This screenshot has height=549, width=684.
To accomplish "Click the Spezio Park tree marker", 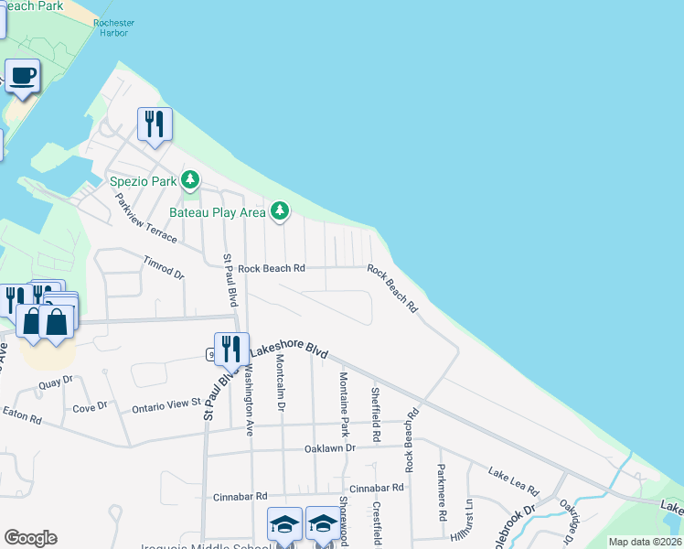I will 190,180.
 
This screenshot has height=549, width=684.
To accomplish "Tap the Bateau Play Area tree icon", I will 280,212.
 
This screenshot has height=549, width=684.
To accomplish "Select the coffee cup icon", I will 24,75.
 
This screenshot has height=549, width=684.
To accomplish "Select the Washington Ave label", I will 247,388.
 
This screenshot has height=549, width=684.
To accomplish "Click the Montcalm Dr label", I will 280,384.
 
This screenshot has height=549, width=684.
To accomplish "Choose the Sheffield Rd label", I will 375,407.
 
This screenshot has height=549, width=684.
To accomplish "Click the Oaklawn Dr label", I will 329,448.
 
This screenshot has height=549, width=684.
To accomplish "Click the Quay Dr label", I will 55,386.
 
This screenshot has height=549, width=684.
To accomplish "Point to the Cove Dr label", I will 90,405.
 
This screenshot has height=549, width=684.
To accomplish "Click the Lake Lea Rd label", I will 511,474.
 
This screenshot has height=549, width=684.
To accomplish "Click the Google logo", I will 30,538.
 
